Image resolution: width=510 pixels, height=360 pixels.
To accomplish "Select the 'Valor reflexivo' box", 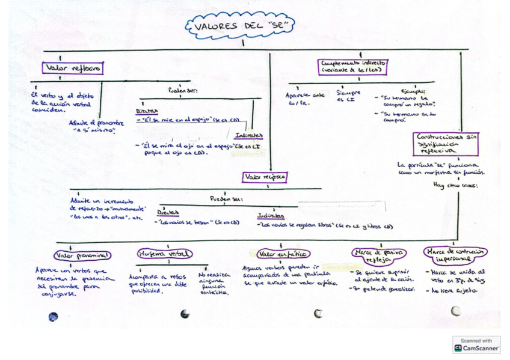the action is pyautogui.click(x=73, y=68).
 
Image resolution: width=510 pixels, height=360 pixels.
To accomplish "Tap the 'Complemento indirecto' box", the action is pyautogui.click(x=354, y=66).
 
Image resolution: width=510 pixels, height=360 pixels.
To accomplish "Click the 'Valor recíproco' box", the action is pyautogui.click(x=265, y=177).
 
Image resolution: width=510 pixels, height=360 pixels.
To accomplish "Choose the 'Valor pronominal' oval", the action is pyautogui.click(x=82, y=255).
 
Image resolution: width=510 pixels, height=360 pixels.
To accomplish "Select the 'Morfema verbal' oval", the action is pyautogui.click(x=164, y=254).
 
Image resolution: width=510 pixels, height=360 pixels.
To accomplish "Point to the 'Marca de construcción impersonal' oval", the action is pyautogui.click(x=455, y=255).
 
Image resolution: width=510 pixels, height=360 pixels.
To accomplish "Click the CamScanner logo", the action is pyautogui.click(x=459, y=348).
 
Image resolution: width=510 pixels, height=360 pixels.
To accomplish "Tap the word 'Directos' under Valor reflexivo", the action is pyautogui.click(x=146, y=111).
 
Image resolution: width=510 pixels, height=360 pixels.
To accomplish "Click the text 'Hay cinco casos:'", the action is pyautogui.click(x=455, y=186).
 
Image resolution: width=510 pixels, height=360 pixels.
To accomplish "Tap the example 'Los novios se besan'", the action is pyautogui.click(x=184, y=222).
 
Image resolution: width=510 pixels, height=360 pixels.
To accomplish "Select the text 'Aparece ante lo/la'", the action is pyautogui.click(x=305, y=99).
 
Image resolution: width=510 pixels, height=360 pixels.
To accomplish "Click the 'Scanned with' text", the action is pyautogui.click(x=476, y=341).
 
